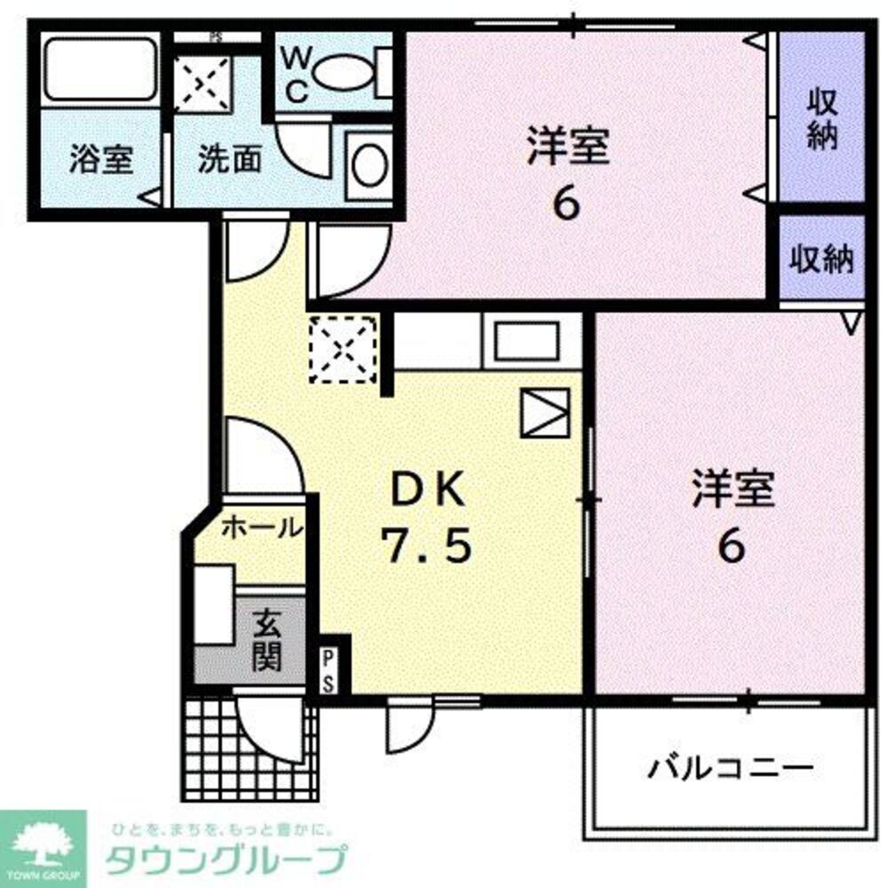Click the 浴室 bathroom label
[x=101, y=161]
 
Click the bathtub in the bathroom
[x=99, y=68]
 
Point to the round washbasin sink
[x=369, y=164]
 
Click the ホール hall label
[x=260, y=527]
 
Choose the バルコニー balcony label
[x=729, y=765]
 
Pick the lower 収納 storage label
[x=822, y=259]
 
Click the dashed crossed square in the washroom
[x=202, y=83]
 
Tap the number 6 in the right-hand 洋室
[x=731, y=547]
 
